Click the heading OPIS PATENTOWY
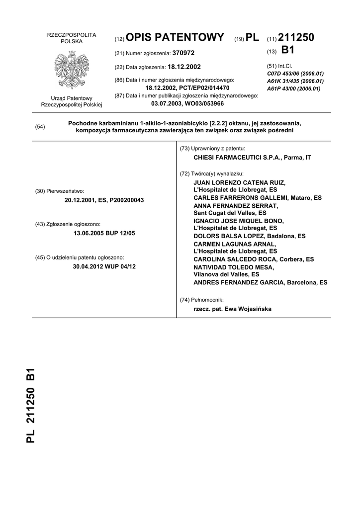(176, 38)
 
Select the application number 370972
(183, 53)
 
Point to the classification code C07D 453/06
(295, 74)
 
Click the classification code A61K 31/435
(295, 81)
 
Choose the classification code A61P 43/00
(293, 88)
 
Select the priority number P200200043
(122, 200)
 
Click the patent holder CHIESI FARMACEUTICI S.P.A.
(235, 158)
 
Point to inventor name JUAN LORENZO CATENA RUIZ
(240, 183)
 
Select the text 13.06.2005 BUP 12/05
(104, 233)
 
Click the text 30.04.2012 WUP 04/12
(104, 266)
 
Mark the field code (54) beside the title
(40, 127)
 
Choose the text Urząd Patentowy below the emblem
(71, 98)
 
